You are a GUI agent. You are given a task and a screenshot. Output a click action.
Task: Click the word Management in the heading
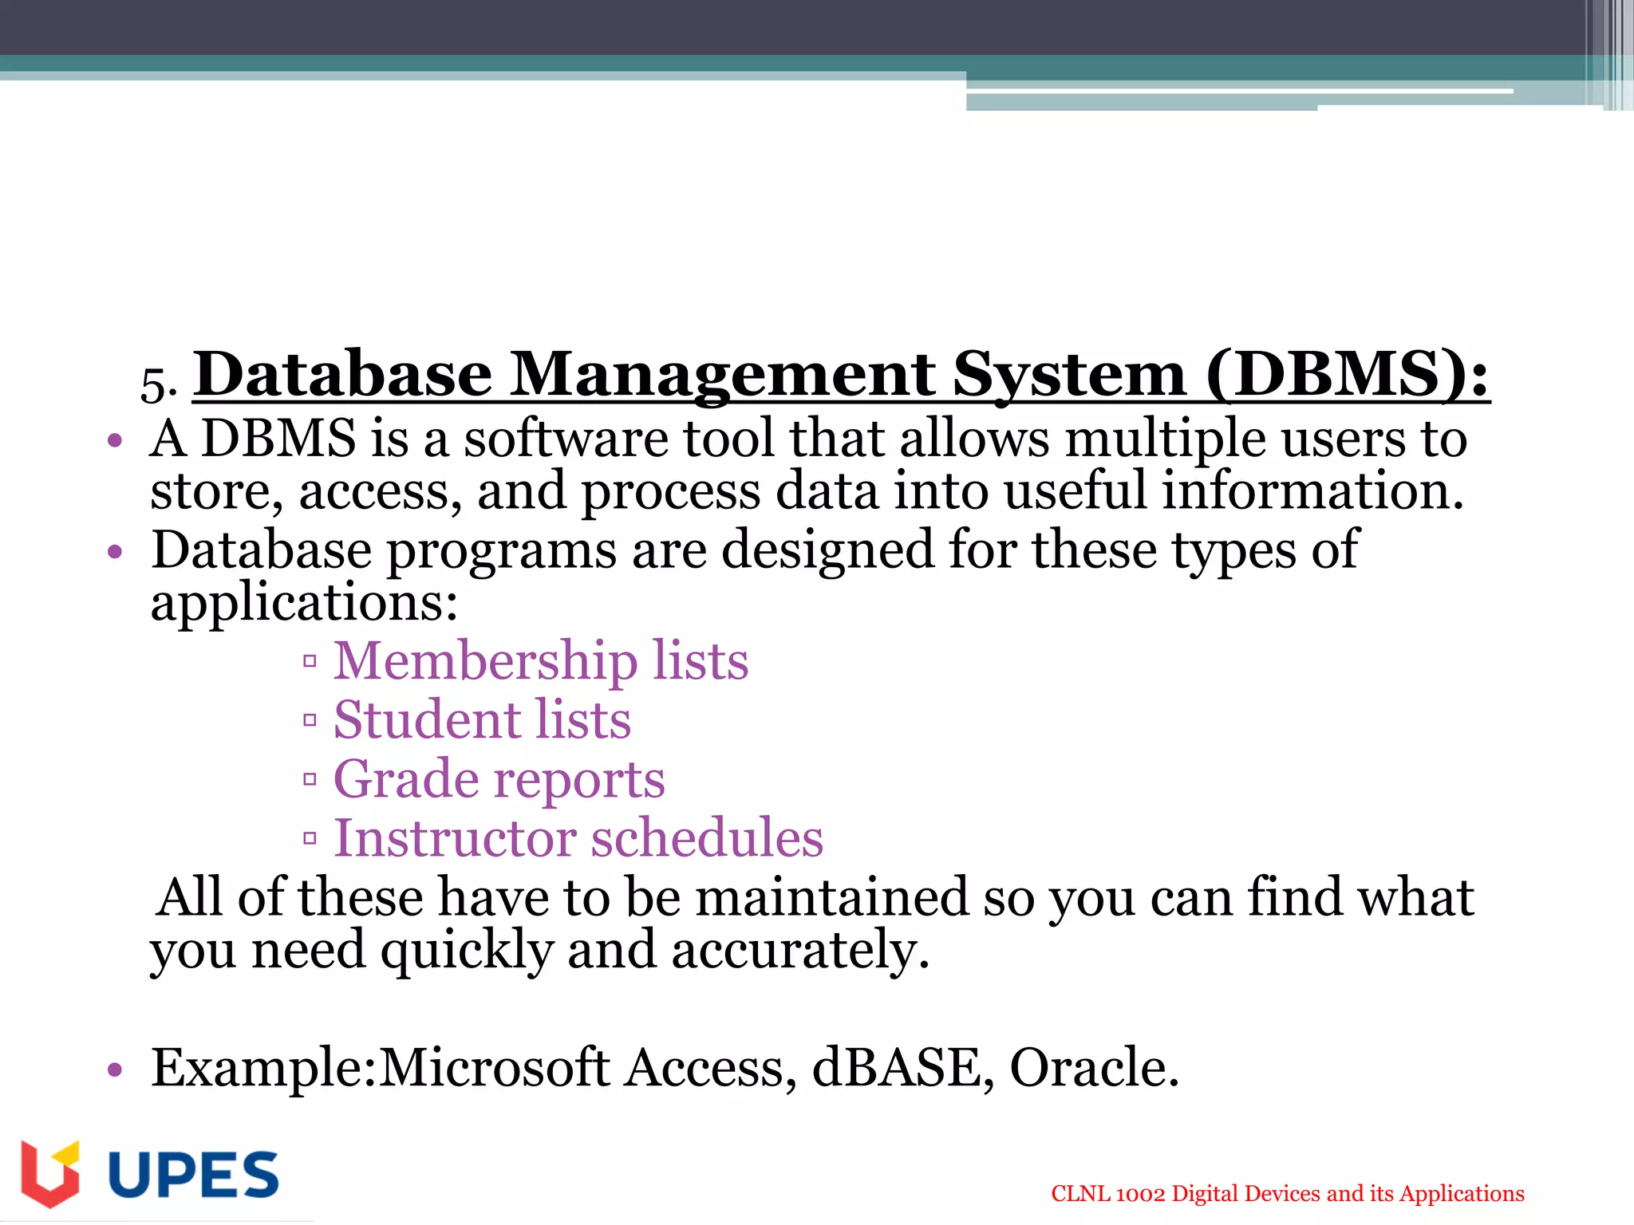tap(722, 375)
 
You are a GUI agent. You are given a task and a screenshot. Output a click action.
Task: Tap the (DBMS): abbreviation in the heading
tap(1347, 375)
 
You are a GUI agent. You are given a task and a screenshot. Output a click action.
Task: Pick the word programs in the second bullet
tap(501, 552)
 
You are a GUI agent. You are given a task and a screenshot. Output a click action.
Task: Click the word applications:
tap(304, 603)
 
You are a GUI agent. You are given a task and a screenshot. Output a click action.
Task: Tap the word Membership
tap(484, 661)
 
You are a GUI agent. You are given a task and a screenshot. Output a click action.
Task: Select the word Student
tap(427, 719)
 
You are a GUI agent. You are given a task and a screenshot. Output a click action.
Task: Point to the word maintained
tap(831, 897)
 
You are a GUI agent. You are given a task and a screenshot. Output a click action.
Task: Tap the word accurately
tap(800, 951)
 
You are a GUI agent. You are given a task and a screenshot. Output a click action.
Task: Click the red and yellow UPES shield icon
tap(50, 1174)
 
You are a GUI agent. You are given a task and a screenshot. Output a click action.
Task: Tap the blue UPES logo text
tap(193, 1175)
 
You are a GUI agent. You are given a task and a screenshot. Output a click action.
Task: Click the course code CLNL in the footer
tap(1080, 1194)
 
